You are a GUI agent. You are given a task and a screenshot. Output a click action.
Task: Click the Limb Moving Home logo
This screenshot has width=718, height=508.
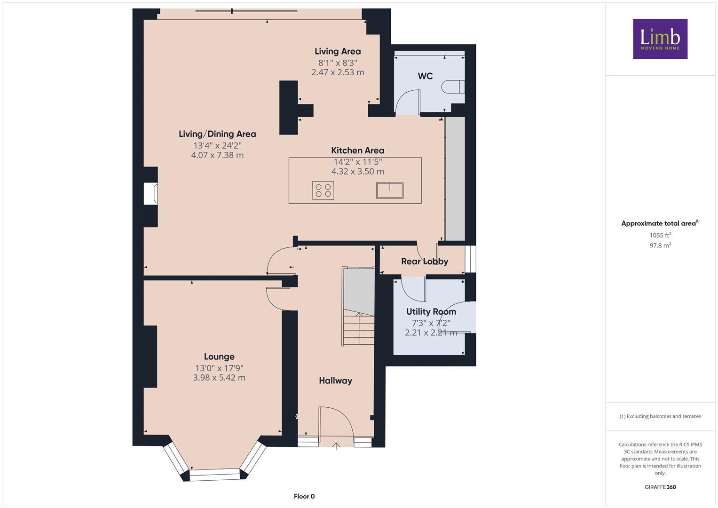tap(660, 39)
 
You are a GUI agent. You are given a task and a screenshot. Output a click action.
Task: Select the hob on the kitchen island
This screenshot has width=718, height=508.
tap(323, 190)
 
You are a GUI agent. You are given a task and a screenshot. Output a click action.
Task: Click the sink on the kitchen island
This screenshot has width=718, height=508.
tap(389, 190)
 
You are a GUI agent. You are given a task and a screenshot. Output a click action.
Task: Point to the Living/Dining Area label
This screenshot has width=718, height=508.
tap(217, 134)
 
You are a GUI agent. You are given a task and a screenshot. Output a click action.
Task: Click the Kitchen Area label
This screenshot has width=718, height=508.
tap(357, 151)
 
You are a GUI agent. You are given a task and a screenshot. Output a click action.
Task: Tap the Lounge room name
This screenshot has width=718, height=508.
tap(219, 357)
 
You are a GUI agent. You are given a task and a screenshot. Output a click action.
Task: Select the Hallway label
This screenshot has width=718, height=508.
tap(335, 381)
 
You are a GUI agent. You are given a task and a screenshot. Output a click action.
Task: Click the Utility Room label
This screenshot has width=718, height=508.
tap(431, 311)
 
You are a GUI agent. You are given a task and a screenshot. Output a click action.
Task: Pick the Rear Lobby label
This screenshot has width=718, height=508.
tap(424, 261)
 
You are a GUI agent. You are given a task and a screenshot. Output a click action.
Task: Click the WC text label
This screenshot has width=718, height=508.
tap(425, 76)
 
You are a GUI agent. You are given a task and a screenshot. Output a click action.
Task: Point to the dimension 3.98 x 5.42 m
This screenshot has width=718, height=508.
tap(219, 378)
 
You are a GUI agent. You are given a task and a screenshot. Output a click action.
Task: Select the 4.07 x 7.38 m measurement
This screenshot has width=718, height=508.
tap(217, 155)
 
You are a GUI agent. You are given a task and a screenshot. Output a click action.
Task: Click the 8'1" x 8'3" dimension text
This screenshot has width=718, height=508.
tap(338, 63)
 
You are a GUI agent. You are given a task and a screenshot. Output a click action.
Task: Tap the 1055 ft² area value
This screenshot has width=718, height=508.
tap(660, 235)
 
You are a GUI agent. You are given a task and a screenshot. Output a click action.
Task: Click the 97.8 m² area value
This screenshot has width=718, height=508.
tap(660, 245)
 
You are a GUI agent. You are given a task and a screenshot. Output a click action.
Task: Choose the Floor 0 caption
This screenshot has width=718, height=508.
tap(304, 496)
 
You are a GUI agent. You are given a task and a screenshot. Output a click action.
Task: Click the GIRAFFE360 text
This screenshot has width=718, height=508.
tap(660, 487)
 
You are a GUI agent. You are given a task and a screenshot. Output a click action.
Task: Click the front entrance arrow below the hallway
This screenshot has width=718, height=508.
tap(336, 446)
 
